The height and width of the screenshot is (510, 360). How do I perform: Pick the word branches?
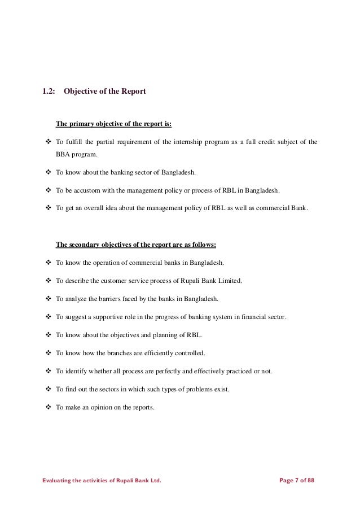click(x=124, y=353)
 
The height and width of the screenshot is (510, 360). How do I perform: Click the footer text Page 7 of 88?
click(x=297, y=481)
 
